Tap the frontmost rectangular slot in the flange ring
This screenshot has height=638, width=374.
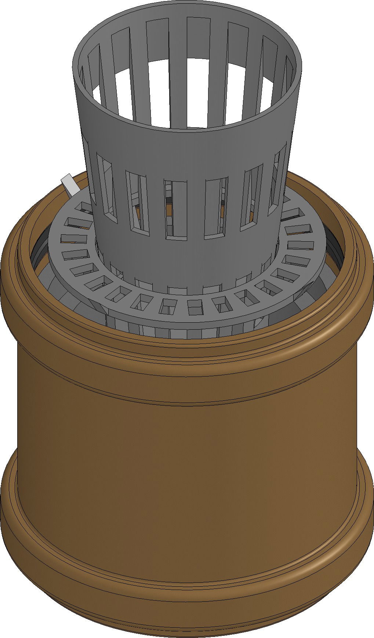click(x=195, y=307)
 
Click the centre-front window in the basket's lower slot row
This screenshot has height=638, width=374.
click(x=175, y=209)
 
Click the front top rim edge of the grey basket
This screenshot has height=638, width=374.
click(x=187, y=129)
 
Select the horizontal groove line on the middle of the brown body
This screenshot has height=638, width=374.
click(x=187, y=403)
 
